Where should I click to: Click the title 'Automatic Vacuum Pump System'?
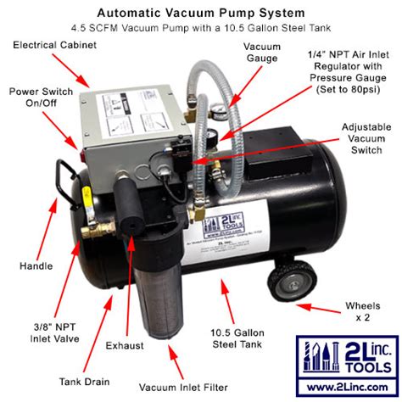pos(201,12)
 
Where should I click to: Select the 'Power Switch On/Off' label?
pos(41,97)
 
